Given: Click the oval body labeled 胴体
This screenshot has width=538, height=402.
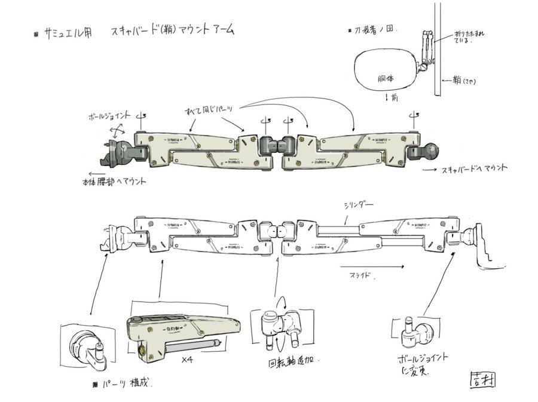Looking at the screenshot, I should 386,77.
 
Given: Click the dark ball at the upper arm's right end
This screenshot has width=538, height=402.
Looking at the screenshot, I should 432,150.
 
